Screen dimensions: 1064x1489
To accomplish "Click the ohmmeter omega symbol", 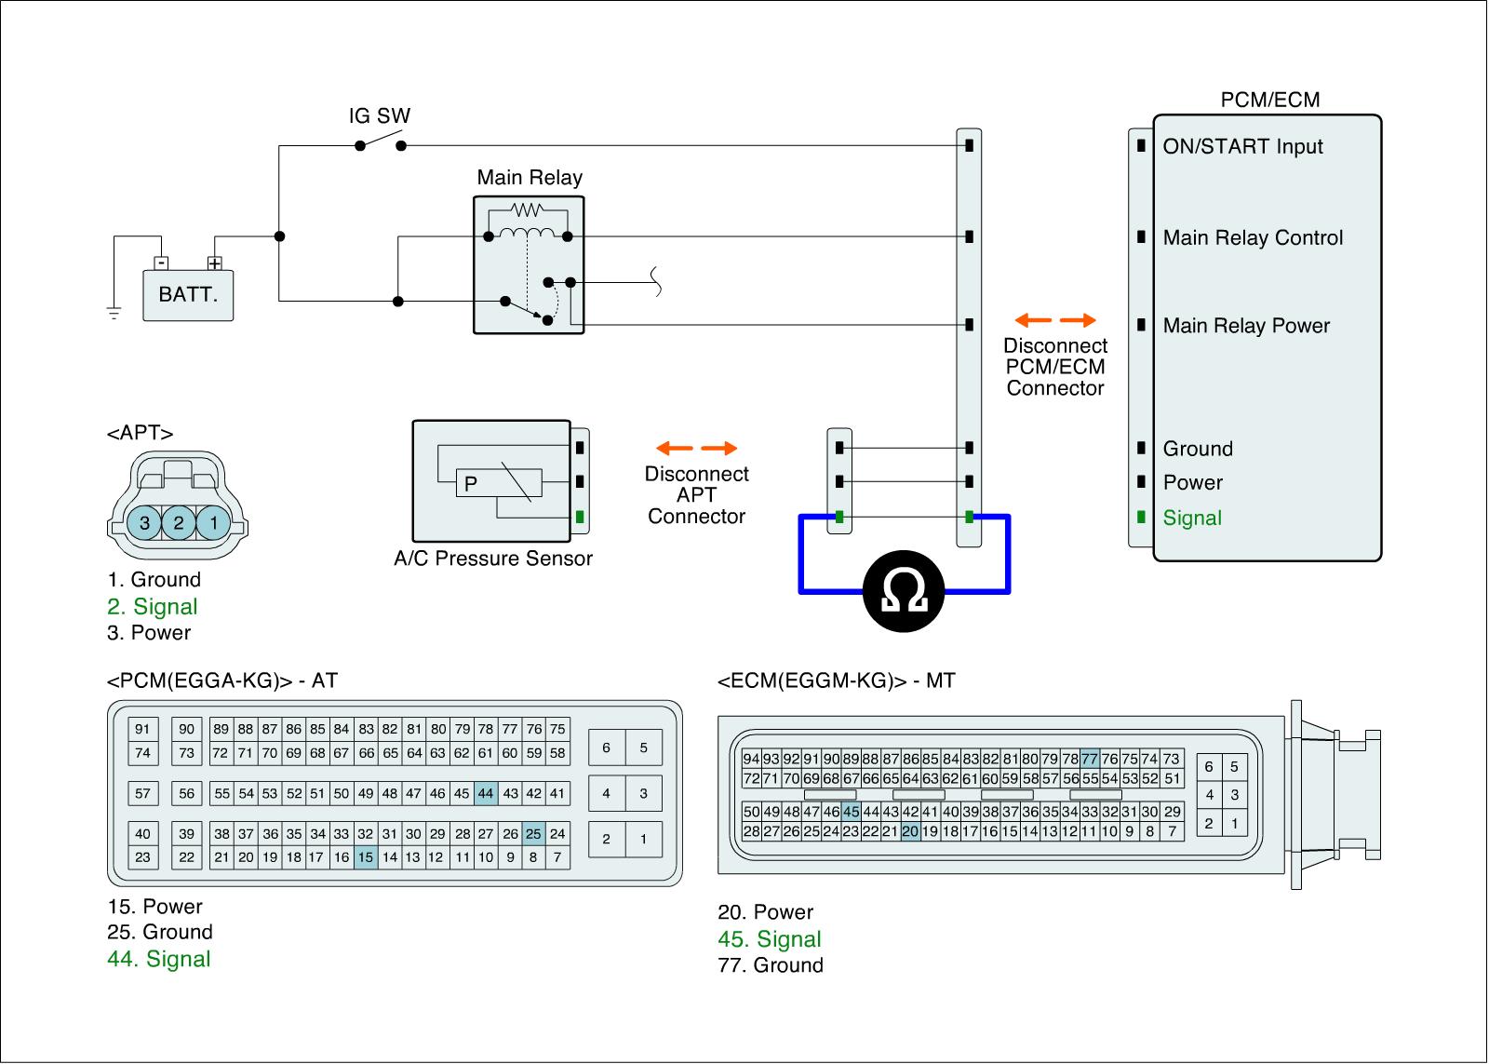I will pos(904,591).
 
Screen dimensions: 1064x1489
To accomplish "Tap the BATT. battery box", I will pos(188,295).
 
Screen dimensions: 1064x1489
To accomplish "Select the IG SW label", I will pos(379,116).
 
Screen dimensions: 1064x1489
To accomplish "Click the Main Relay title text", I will pos(530,178).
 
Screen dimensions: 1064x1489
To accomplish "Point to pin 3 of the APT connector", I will pos(144,522).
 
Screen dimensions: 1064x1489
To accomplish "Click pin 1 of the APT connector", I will pos(213,522).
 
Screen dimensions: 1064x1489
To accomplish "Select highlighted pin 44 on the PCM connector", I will pos(485,794).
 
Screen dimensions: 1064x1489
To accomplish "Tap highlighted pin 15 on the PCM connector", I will pos(366,857).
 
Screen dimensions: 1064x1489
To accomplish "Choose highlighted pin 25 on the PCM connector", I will pos(533,834).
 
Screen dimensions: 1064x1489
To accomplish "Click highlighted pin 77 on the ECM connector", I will pos(1090,759).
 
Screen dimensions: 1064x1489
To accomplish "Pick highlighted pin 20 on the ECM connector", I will pos(909,831).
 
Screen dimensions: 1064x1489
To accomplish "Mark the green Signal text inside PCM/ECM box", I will pos(1192,519).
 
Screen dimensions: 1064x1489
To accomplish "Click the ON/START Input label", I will pos(1242,147).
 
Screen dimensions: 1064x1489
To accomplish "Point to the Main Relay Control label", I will pos(1253,238).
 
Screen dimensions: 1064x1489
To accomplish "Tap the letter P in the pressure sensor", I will pos(471,484).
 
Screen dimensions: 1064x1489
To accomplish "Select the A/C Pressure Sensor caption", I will pos(493,559).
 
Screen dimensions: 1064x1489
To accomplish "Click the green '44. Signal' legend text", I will pos(159,960).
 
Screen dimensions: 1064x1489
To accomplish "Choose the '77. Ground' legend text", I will pos(771,965).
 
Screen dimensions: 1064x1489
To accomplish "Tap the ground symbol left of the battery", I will pos(114,313).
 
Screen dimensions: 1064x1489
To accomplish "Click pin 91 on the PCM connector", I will pos(142,730).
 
